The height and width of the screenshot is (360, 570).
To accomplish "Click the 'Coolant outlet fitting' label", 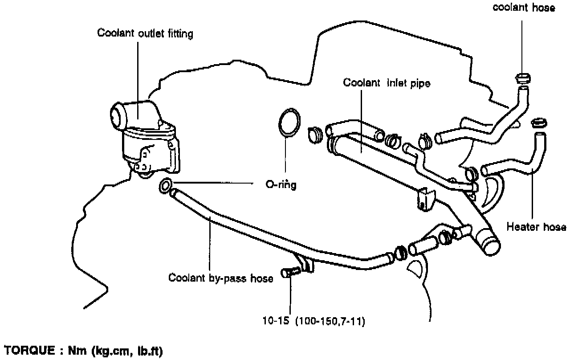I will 145,34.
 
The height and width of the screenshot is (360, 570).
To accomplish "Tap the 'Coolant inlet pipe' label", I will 387,83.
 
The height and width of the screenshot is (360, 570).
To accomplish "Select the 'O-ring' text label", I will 278,184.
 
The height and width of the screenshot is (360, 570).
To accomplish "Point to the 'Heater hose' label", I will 536,227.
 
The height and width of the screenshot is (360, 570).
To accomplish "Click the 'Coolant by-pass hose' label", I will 221,278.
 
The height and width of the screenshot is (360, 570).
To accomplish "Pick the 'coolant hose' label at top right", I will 524,8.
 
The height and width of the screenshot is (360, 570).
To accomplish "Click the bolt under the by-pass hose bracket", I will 290,272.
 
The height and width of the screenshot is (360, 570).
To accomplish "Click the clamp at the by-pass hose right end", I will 400,253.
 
